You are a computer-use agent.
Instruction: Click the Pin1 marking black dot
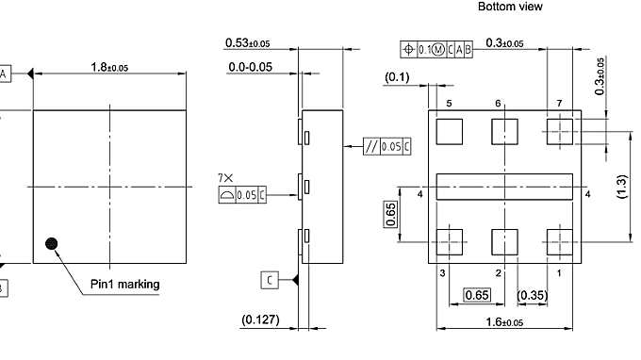[52, 243]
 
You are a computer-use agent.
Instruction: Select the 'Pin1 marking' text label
[125, 285]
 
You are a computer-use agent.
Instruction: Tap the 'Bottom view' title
[510, 7]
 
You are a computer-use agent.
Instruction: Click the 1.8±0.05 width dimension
[110, 67]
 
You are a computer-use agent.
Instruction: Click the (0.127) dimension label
[261, 320]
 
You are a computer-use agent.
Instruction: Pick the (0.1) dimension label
[397, 77]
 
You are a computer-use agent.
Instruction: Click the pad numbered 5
[450, 132]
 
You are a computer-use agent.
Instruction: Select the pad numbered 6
[505, 132]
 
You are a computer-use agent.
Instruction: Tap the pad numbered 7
[560, 132]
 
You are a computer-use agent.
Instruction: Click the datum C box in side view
[270, 279]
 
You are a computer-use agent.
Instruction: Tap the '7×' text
[224, 177]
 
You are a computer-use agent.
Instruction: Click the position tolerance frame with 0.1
[436, 49]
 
